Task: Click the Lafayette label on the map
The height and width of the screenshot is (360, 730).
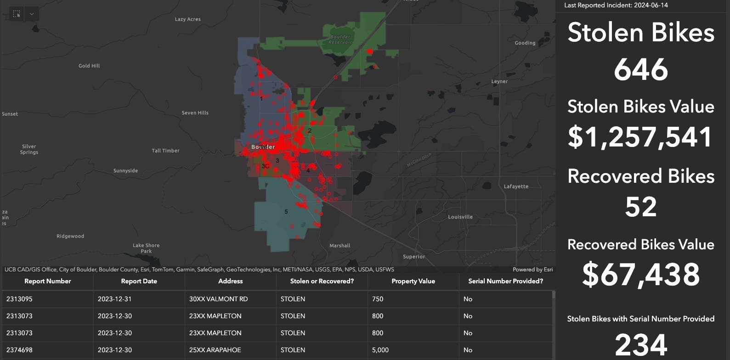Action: click(x=516, y=186)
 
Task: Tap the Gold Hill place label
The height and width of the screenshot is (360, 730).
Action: click(x=89, y=66)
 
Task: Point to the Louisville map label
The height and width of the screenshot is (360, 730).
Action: click(x=460, y=217)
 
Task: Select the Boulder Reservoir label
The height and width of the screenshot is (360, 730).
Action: click(x=340, y=39)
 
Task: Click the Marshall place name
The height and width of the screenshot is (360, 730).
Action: click(x=340, y=246)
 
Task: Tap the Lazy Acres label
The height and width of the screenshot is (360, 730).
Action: click(x=187, y=19)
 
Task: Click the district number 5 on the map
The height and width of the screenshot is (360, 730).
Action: click(x=286, y=212)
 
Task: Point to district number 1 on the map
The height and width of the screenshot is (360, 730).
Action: click(x=261, y=98)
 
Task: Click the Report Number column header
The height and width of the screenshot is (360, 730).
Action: click(x=48, y=281)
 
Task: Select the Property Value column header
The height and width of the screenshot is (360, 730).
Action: click(x=413, y=281)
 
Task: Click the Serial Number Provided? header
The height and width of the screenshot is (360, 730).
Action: click(x=505, y=281)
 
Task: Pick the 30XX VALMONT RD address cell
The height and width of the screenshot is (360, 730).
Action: click(x=218, y=299)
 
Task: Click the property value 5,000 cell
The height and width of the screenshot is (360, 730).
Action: click(x=380, y=350)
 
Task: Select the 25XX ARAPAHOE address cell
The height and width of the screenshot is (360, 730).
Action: click(x=215, y=350)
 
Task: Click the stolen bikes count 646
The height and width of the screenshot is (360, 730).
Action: click(x=641, y=69)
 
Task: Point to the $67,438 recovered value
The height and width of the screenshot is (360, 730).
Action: click(x=641, y=274)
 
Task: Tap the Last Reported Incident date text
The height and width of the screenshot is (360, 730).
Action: click(x=616, y=5)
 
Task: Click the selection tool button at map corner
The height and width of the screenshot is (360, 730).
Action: click(x=17, y=14)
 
